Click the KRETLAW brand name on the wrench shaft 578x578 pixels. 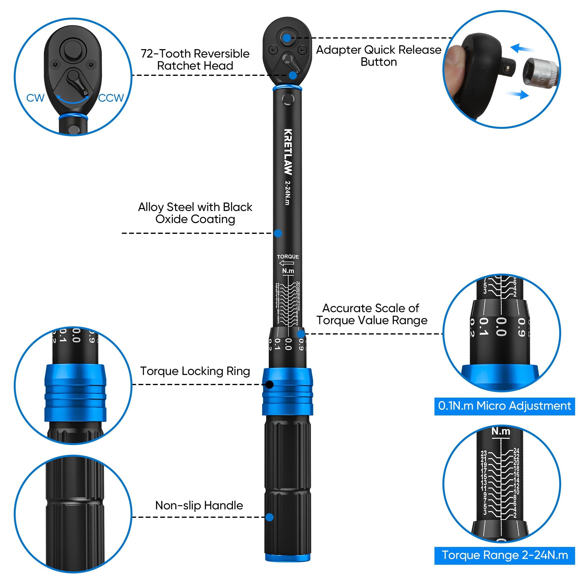(288, 152)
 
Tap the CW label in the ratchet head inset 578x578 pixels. (35, 98)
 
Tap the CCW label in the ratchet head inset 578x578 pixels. (111, 98)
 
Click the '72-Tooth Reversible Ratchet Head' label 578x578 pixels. (195, 59)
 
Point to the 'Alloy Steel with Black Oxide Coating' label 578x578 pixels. (195, 213)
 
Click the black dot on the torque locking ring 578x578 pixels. (269, 384)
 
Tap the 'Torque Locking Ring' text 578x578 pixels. (195, 371)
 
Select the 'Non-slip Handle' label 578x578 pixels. (199, 505)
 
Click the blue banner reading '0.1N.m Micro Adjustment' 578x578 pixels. (504, 406)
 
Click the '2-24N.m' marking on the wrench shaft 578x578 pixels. (288, 193)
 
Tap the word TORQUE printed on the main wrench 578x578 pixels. (288, 257)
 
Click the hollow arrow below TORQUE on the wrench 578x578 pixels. (287, 263)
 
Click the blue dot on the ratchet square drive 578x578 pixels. (287, 38)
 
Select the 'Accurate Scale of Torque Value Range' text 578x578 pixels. (372, 314)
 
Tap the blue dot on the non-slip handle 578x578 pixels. (269, 517)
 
